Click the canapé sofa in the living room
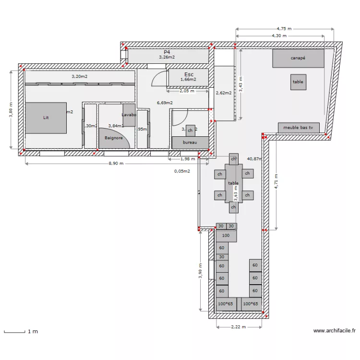(298, 58)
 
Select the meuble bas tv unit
(299, 128)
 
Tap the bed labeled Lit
(46, 118)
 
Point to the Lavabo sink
(129, 115)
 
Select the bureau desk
(190, 143)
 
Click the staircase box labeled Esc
(188, 77)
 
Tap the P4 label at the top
(167, 52)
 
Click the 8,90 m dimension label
(116, 163)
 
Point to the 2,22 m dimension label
(238, 327)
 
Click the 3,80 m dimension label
(11, 110)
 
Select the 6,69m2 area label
(165, 102)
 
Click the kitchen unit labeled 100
(226, 236)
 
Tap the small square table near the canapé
(298, 82)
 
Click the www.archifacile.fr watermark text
(334, 331)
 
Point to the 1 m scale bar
(14, 331)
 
